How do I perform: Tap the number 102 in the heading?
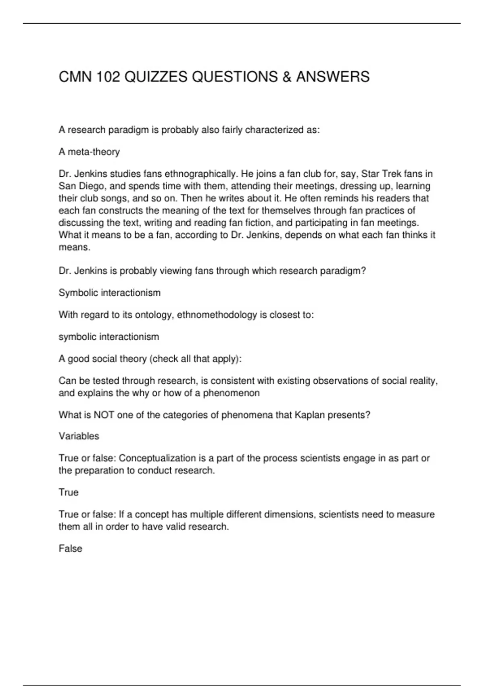pos(108,77)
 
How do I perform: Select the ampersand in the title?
pos(287,77)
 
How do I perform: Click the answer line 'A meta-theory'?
pos(89,152)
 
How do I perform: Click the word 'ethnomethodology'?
pos(217,315)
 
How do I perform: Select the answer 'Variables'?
pos(79,436)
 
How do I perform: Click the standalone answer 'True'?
pos(69,492)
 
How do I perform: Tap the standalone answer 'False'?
pos(71,548)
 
